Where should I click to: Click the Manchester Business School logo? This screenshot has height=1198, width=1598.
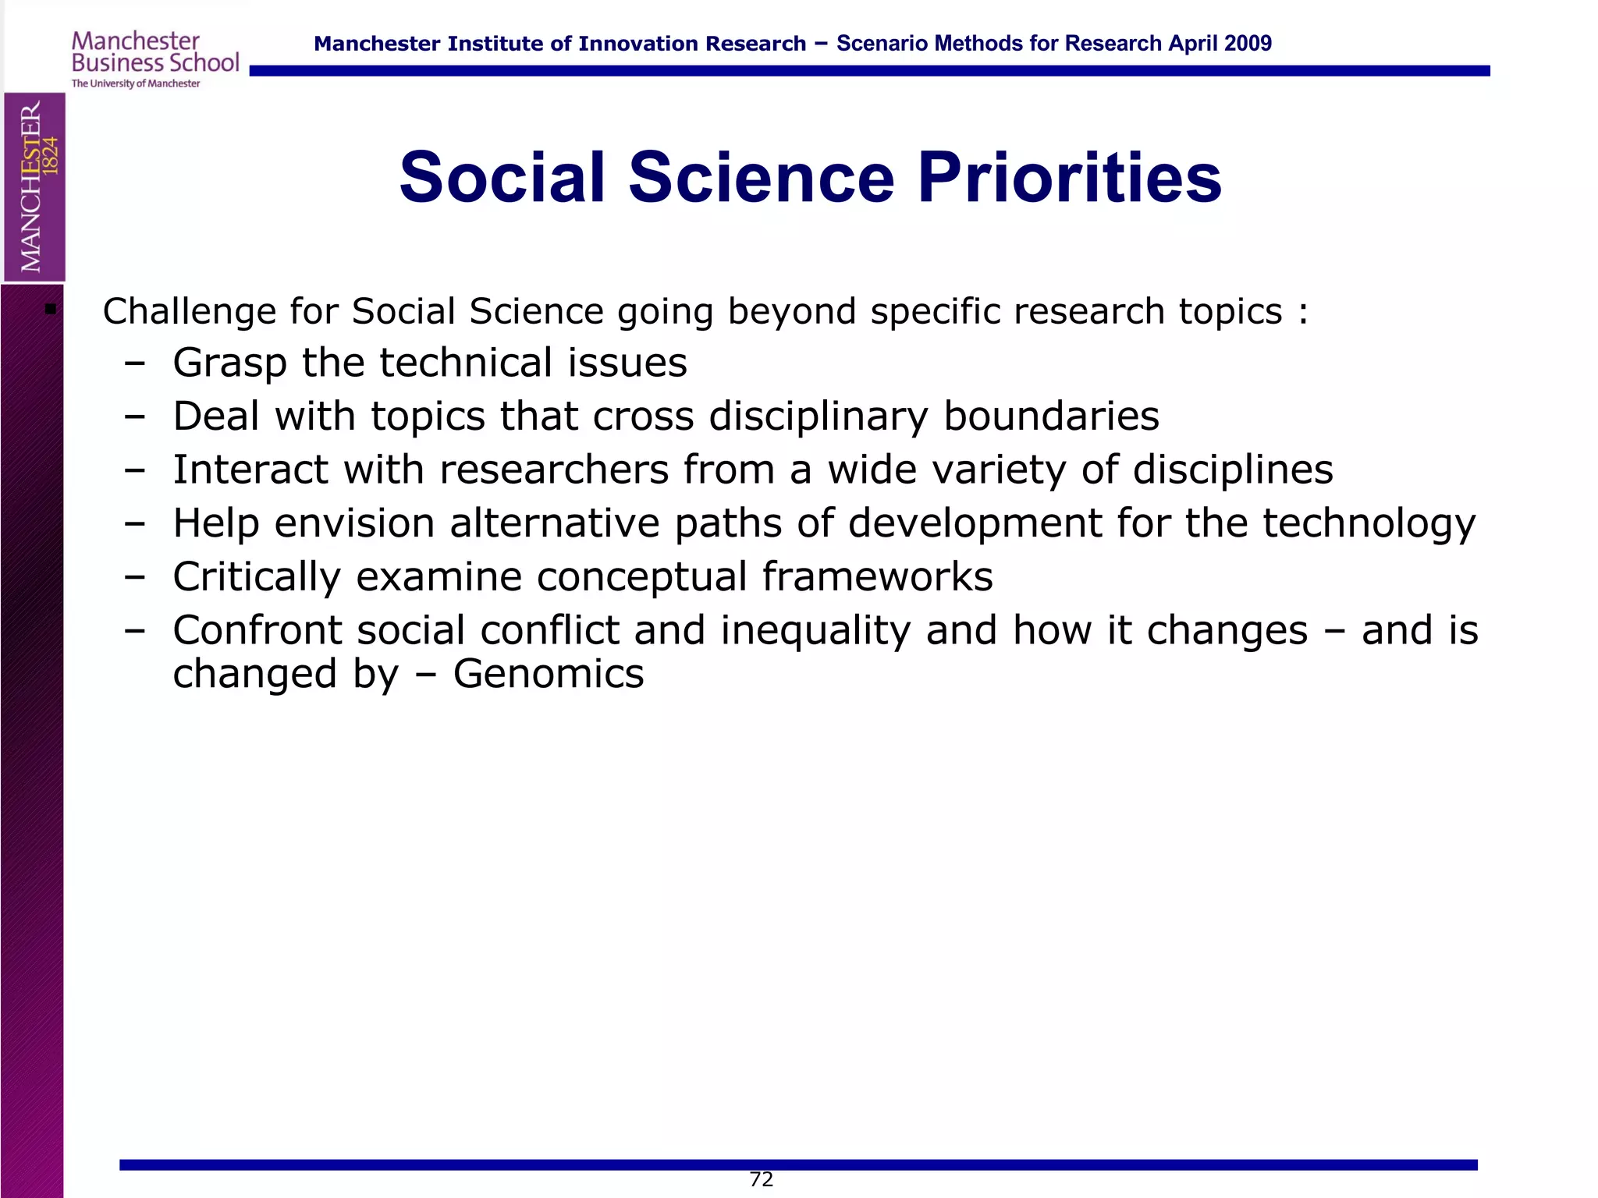click(x=154, y=59)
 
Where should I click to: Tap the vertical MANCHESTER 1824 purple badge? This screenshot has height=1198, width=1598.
click(x=34, y=187)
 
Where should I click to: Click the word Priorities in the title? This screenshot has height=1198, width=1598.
click(x=1069, y=178)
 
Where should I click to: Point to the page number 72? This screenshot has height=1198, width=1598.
click(x=761, y=1179)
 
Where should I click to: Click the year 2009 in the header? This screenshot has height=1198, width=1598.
click(x=1248, y=44)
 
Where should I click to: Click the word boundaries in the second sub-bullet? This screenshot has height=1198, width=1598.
click(x=1051, y=416)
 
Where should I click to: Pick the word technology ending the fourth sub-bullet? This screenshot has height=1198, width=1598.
click(x=1369, y=524)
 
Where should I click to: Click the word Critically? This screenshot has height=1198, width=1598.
click(x=257, y=578)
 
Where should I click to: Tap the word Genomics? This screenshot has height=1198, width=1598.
click(x=549, y=674)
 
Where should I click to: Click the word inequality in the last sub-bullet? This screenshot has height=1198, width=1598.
click(x=815, y=631)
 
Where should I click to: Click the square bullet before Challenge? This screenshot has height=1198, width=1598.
click(x=51, y=309)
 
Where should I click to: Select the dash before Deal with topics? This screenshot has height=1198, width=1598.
click(x=134, y=416)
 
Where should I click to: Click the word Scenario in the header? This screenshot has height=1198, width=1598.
click(x=882, y=44)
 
